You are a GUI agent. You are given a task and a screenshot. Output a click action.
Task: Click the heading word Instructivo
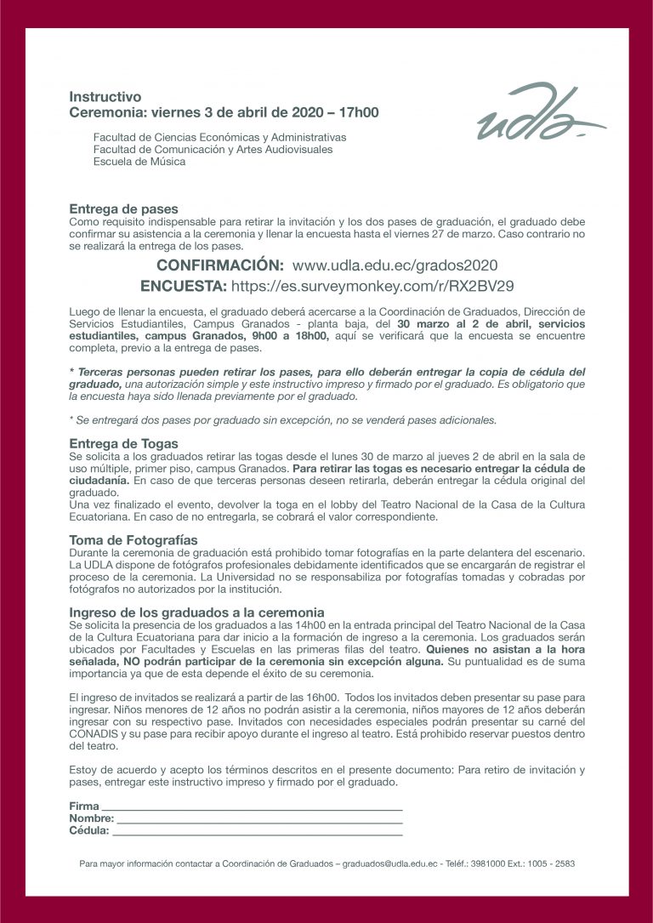[x=105, y=97]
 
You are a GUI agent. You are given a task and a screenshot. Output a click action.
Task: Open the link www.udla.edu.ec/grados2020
[x=395, y=265]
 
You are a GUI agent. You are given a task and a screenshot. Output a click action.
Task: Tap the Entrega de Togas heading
[x=124, y=443]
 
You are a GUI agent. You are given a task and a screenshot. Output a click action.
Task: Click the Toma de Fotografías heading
[x=133, y=539]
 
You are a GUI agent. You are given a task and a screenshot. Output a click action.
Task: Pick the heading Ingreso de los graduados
[x=196, y=612]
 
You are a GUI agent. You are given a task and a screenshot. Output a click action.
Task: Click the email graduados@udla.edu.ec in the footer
[x=389, y=863]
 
